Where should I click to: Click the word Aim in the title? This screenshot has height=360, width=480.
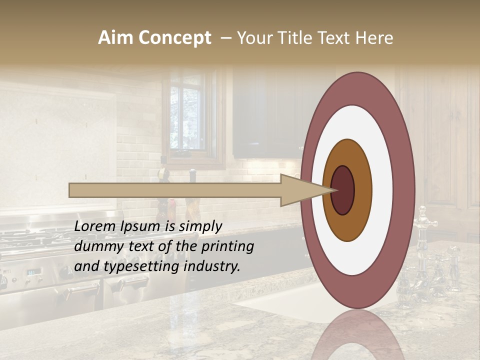(115, 38)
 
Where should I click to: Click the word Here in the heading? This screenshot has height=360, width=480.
(374, 38)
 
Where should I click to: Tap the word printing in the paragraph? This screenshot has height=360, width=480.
(227, 246)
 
